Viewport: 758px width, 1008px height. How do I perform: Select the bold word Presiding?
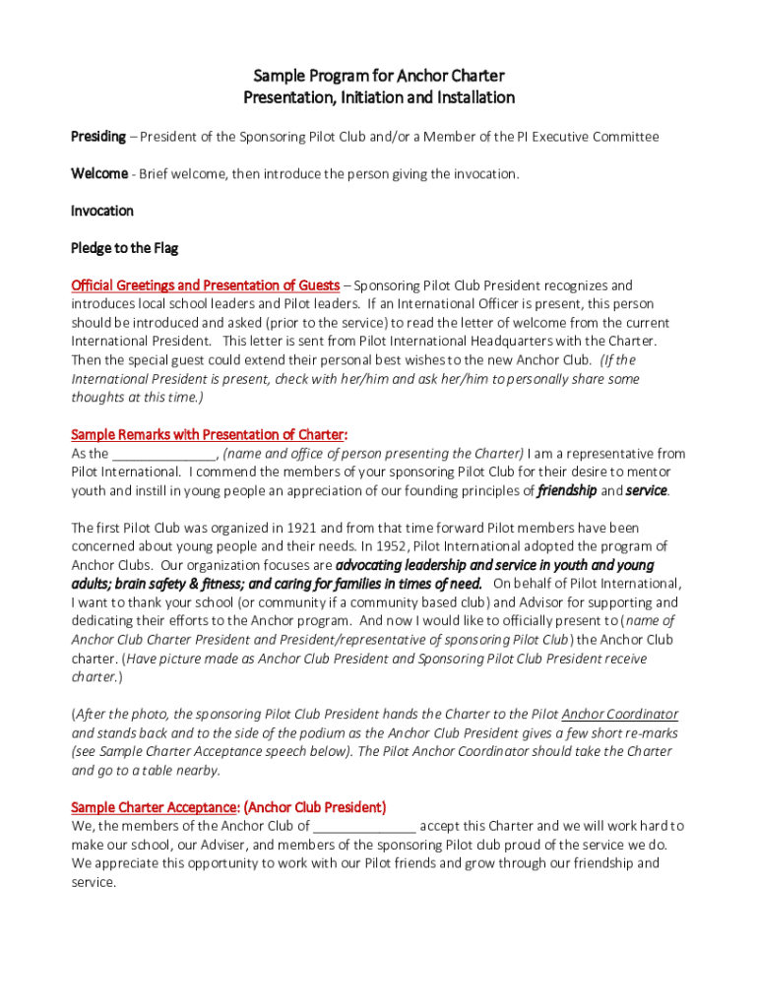[98, 137]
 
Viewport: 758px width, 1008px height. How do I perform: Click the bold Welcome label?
[99, 174]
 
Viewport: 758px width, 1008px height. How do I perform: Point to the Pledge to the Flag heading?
[124, 248]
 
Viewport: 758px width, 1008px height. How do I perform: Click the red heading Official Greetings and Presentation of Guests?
[205, 285]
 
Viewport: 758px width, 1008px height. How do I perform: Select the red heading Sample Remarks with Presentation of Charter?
[209, 434]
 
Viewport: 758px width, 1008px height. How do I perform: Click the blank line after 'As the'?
[163, 454]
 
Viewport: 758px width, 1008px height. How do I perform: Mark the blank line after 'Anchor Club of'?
[364, 826]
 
